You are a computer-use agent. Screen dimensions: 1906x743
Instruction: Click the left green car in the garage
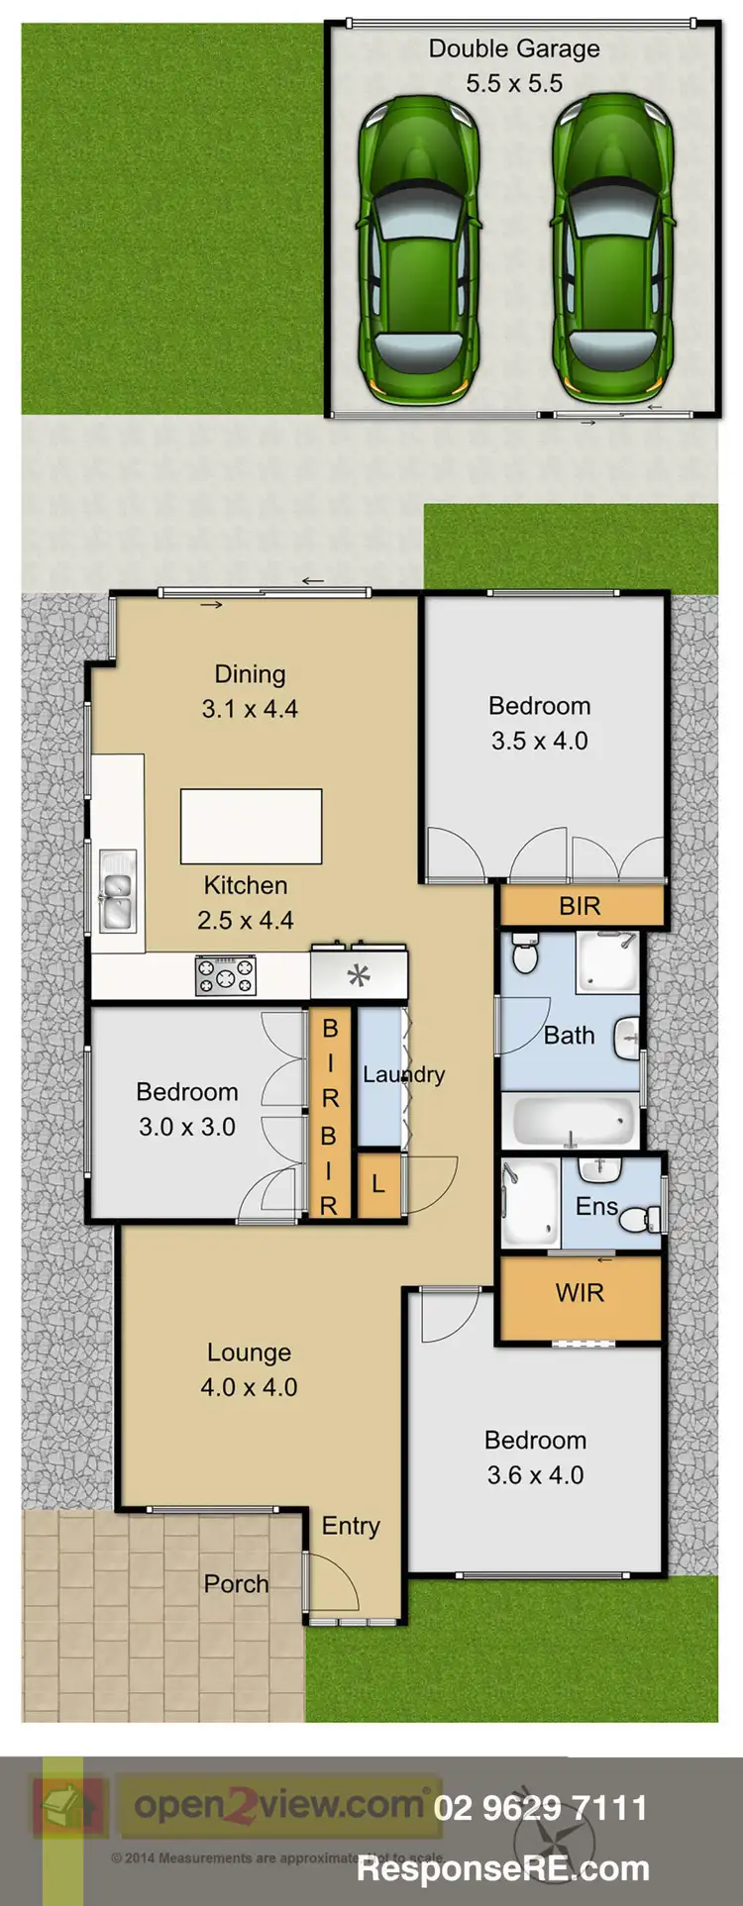pos(419,250)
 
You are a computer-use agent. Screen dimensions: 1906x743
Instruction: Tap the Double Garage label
pos(514,49)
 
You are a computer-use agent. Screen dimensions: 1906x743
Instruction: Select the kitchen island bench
pos(251,826)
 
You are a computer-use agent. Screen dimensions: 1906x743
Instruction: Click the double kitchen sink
pos(117,889)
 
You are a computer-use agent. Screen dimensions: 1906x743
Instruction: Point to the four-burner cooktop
pos(226,975)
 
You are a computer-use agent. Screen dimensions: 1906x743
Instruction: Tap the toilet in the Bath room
pos(524,955)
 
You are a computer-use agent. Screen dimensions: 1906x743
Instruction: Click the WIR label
pos(580,1292)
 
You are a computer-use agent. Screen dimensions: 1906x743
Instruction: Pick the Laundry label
pos(403,1074)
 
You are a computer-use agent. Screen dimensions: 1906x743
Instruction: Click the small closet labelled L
pos(378,1184)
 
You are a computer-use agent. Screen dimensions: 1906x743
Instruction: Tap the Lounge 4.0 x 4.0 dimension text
pos(249,1387)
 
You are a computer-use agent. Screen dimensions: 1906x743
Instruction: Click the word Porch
pos(236,1584)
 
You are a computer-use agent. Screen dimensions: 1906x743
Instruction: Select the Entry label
pos(351,1526)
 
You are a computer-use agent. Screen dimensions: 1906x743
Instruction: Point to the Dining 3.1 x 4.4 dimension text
pos(250,709)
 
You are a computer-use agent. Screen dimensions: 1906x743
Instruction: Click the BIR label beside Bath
pos(580,906)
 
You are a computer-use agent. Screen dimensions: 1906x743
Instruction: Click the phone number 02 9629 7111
pos(540,1808)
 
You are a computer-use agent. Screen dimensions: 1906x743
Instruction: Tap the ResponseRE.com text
pos(503,1868)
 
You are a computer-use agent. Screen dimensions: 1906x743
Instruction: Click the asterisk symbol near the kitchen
pos(359,977)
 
